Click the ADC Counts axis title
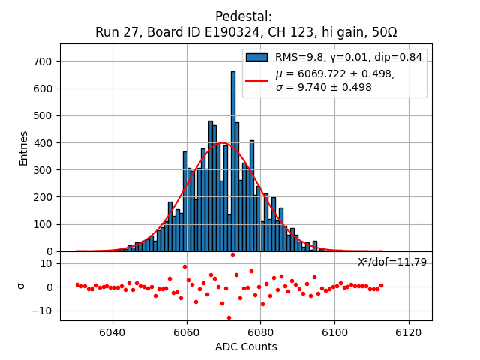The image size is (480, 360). click(246, 346)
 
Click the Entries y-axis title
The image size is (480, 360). click(23, 148)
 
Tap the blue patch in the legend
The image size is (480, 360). click(256, 57)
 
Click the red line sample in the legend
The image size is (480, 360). click(256, 80)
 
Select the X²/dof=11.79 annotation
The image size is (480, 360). click(391, 262)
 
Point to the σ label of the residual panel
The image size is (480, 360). click(21, 286)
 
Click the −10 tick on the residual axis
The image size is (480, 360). click(43, 310)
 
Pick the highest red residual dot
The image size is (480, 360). click(232, 254)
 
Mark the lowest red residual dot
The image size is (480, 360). click(229, 317)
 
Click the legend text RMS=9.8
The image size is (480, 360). click(297, 57)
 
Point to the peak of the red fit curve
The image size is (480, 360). click(223, 142)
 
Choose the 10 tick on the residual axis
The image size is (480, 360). click(46, 263)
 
